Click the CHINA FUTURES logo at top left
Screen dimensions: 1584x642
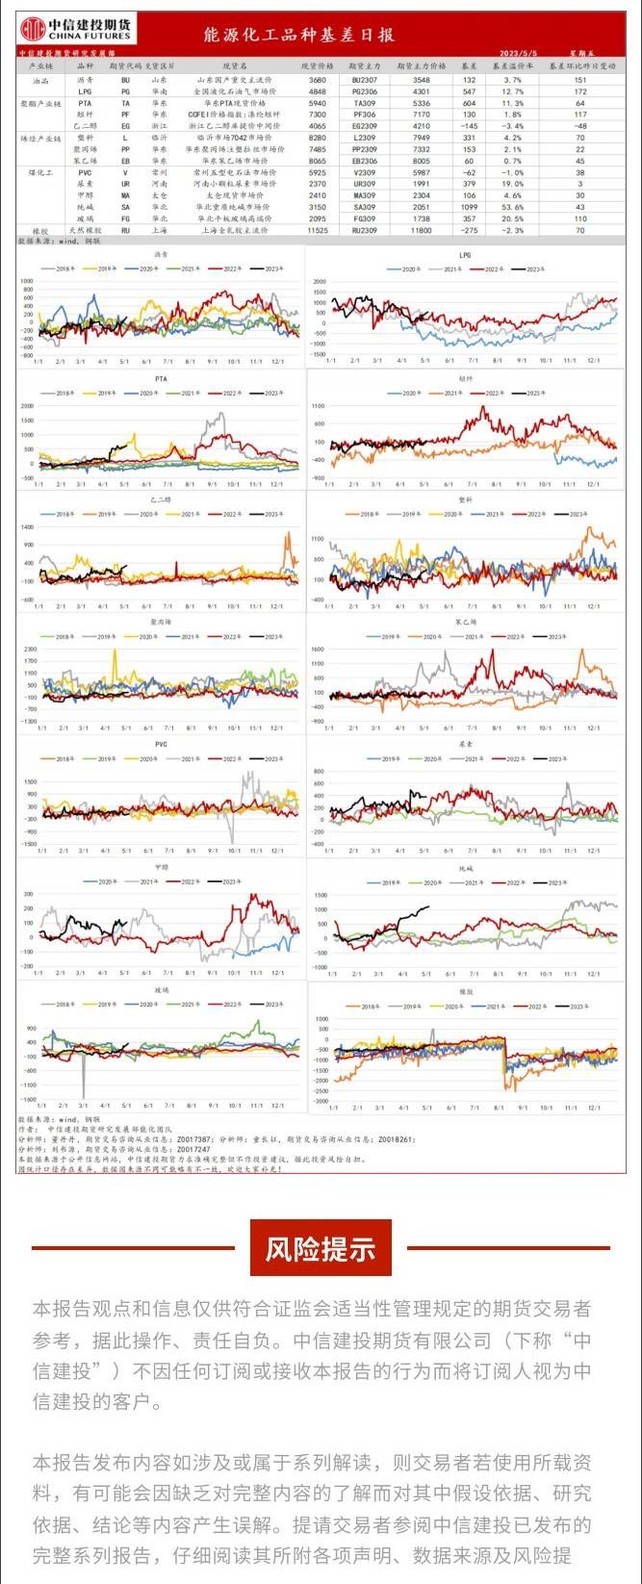point(79,28)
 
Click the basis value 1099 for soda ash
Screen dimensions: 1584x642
point(469,206)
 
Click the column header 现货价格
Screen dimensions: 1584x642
point(317,68)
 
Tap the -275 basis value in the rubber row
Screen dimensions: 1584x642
point(469,231)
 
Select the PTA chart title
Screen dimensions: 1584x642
point(161,379)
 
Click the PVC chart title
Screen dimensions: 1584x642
point(161,744)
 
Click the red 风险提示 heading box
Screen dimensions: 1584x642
point(321,1248)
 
